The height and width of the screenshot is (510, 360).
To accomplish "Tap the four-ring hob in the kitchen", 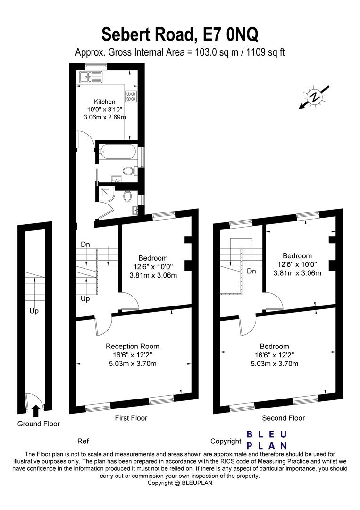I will click(x=131, y=96).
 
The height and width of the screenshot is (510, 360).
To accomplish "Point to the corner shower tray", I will click(x=107, y=194).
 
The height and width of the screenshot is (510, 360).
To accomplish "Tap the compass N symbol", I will click(x=314, y=97).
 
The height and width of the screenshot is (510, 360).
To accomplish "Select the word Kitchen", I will click(x=104, y=102).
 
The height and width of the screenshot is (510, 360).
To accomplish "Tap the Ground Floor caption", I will click(x=39, y=424).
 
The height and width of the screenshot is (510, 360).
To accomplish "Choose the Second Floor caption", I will click(x=284, y=418).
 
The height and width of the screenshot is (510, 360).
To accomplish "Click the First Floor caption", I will click(x=131, y=418).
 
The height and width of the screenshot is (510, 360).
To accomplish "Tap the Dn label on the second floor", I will click(x=252, y=271).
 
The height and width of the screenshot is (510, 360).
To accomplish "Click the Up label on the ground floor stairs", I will click(x=34, y=311).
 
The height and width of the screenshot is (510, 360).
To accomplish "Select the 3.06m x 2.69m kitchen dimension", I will click(x=104, y=117).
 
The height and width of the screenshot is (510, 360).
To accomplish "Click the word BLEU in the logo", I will click(x=267, y=434).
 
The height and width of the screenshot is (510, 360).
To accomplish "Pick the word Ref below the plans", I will click(x=83, y=441).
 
